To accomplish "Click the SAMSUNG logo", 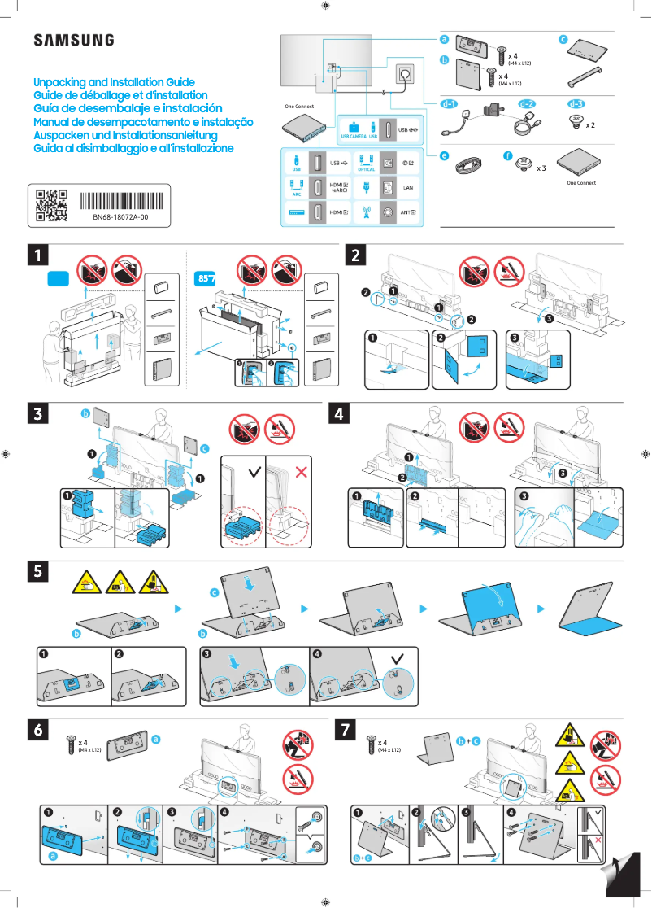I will pyautogui.click(x=73, y=40).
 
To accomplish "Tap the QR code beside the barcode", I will pyautogui.click(x=50, y=207).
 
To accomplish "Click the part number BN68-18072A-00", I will pyautogui.click(x=120, y=219).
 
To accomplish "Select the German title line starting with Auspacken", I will pyautogui.click(x=125, y=135).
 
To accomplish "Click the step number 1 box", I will pyautogui.click(x=35, y=255).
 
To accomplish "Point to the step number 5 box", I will pyautogui.click(x=35, y=571).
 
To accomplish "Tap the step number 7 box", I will pyautogui.click(x=347, y=730).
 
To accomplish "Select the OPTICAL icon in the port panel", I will pyautogui.click(x=366, y=163).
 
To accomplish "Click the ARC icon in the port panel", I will pyautogui.click(x=296, y=188).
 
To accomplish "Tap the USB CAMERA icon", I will pyautogui.click(x=354, y=131).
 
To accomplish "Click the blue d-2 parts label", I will pyautogui.click(x=527, y=104).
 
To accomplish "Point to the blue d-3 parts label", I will pyautogui.click(x=576, y=104).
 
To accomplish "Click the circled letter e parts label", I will pyautogui.click(x=444, y=155).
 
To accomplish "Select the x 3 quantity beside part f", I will pyautogui.click(x=541, y=168).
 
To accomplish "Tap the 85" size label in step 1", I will pyautogui.click(x=207, y=278).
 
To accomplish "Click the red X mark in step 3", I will pyautogui.click(x=302, y=471).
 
